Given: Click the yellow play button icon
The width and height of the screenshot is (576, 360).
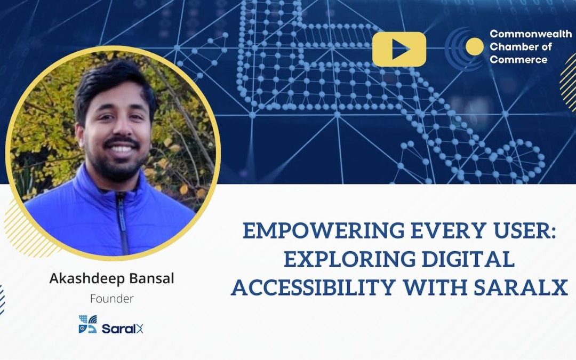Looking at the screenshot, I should coord(399,49).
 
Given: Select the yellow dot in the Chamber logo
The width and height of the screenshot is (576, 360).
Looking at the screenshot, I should coord(474,46).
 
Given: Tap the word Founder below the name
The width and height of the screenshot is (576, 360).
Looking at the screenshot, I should coord(111,299).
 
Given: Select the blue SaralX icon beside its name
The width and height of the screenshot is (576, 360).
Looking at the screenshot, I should coord(87,324).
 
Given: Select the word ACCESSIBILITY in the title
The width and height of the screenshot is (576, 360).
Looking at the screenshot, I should coord(314,289).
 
